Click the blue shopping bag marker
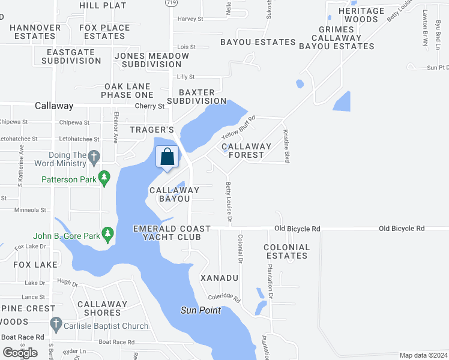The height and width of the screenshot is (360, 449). pyautogui.click(x=168, y=158)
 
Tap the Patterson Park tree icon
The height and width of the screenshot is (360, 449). pyautogui.click(x=104, y=178)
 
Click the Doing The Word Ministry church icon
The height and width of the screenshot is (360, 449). pyautogui.click(x=93, y=158)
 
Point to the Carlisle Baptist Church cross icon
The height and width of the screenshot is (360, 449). pyautogui.click(x=56, y=324)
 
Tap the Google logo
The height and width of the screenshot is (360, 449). pyautogui.click(x=20, y=352)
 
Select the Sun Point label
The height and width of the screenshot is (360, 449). pyautogui.click(x=200, y=310)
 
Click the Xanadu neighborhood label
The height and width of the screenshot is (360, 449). pyautogui.click(x=219, y=278)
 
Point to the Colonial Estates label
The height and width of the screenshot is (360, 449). pyautogui.click(x=287, y=251)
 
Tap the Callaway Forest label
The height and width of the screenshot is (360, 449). pyautogui.click(x=246, y=151)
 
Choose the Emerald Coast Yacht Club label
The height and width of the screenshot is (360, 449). pyautogui.click(x=172, y=233)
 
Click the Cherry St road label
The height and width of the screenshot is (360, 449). pyautogui.click(x=149, y=106)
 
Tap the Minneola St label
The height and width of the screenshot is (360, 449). pyautogui.click(x=30, y=211)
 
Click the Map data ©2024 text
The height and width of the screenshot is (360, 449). pyautogui.click(x=423, y=355)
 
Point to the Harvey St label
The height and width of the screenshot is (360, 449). pyautogui.click(x=190, y=19)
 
